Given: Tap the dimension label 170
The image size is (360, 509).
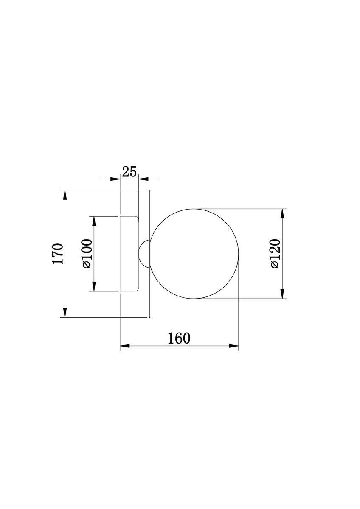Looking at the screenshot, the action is pyautogui.click(x=58, y=254).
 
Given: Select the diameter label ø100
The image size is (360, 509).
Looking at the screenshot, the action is pyautogui.click(x=87, y=254).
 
